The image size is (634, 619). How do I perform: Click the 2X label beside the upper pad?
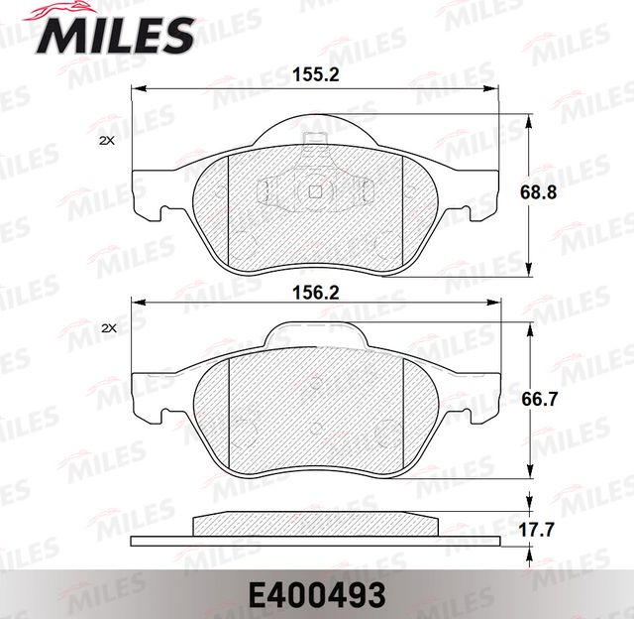(108, 141)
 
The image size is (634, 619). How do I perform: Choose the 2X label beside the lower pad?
(108, 328)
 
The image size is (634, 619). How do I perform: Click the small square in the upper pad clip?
(315, 192)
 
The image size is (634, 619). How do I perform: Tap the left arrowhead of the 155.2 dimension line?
(137, 90)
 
